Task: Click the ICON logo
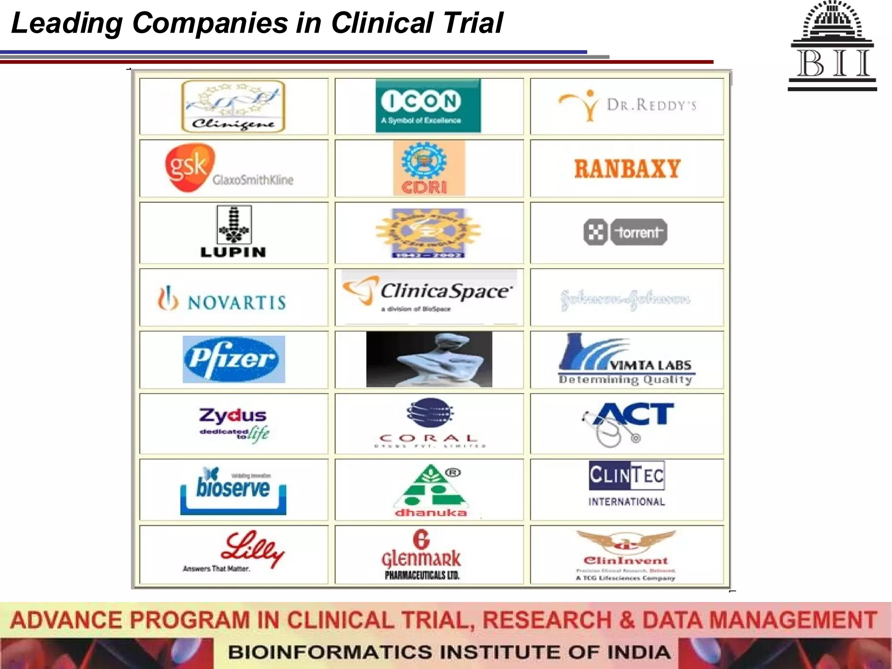(428, 106)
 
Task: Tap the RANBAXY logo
(627, 169)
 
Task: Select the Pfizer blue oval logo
(234, 359)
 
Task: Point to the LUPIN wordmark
(233, 252)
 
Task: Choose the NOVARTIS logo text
(237, 302)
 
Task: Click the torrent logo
(625, 232)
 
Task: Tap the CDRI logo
(429, 168)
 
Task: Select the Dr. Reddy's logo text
(652, 105)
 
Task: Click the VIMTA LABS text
(651, 365)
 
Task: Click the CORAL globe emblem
(430, 412)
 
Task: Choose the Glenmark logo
(421, 555)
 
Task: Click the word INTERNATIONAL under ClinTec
(627, 502)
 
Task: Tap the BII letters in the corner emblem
(833, 64)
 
